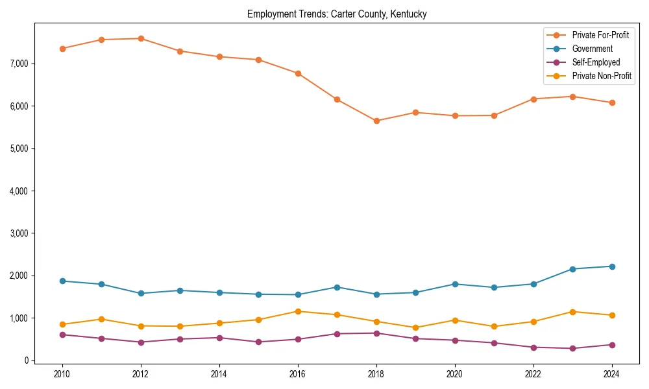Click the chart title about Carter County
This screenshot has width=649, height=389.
[337, 14]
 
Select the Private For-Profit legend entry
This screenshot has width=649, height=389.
[600, 35]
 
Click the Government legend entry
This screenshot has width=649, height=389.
[592, 49]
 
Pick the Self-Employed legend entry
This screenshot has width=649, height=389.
[596, 62]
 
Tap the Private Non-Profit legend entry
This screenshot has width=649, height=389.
[602, 76]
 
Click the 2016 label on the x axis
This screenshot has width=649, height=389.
[298, 374]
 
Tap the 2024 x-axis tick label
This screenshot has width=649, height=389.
[611, 374]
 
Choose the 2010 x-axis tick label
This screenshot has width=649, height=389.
[62, 374]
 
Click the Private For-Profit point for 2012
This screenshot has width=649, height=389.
[141, 38]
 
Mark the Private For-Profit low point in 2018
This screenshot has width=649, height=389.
[376, 121]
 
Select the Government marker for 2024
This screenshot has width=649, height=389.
[611, 266]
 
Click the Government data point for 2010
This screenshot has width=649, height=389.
[62, 281]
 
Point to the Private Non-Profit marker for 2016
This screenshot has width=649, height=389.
[298, 311]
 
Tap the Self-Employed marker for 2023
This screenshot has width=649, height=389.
[572, 348]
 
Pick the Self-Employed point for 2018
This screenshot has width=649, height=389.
[376, 333]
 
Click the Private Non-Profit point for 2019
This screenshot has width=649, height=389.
[415, 327]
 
